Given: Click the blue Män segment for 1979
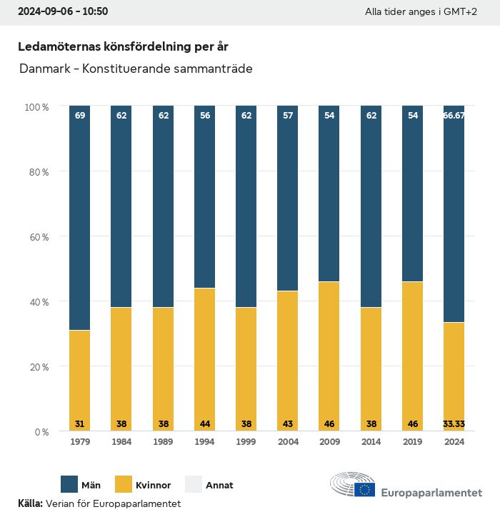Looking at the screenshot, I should [x=80, y=218].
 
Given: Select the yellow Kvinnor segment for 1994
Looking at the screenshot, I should [x=204, y=359].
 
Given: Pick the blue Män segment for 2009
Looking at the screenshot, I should [x=329, y=194].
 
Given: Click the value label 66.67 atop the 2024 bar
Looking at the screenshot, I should [x=454, y=115].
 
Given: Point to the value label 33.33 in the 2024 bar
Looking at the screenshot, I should [x=454, y=423].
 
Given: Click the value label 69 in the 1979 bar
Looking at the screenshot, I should [x=80, y=115].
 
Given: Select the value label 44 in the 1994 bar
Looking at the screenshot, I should [x=204, y=423].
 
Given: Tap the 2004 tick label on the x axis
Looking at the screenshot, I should [x=288, y=442].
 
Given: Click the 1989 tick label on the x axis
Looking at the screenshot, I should [x=163, y=442].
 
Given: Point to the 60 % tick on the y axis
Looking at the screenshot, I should [x=36, y=236].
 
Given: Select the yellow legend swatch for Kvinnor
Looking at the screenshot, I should [x=123, y=485].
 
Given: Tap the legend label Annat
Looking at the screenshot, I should [x=219, y=486].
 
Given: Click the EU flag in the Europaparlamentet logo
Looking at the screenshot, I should [x=365, y=490].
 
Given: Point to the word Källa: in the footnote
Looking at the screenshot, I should [x=30, y=503].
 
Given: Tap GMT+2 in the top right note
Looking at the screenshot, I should [x=459, y=12].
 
